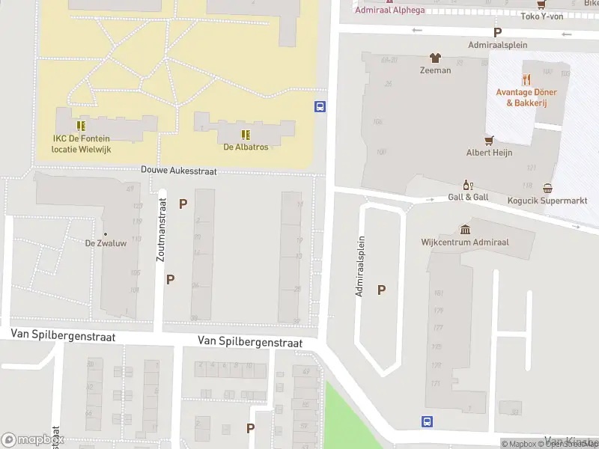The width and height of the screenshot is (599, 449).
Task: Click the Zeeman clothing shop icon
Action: tap(435, 58)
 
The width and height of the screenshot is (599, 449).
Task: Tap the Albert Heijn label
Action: tap(488, 153)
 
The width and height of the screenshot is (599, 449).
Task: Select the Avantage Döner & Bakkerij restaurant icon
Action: tap(527, 79)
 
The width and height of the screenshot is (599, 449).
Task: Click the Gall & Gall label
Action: tap(469, 198)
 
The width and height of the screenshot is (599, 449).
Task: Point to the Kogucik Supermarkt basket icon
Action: tap(548, 189)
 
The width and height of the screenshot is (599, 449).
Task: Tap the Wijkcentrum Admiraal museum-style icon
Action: tap(466, 230)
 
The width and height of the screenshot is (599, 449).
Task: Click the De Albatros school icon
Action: tap(245, 135)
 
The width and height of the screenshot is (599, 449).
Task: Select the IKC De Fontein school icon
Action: tap(81, 126)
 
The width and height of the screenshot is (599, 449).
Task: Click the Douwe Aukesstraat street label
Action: tap(179, 171)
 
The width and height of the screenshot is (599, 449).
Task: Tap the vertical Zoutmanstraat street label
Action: tap(160, 229)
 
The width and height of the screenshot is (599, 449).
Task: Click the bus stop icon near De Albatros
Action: tap(320, 107)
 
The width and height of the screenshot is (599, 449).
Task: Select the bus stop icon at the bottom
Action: tap(427, 421)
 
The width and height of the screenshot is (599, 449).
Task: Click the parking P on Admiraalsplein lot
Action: tap(382, 290)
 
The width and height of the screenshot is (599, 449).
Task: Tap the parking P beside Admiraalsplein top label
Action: tap(496, 32)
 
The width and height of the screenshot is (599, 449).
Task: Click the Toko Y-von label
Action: tap(541, 16)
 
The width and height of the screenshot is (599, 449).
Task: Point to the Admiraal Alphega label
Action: tap(389, 10)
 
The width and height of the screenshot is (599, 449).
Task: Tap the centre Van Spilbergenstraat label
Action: tap(250, 342)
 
